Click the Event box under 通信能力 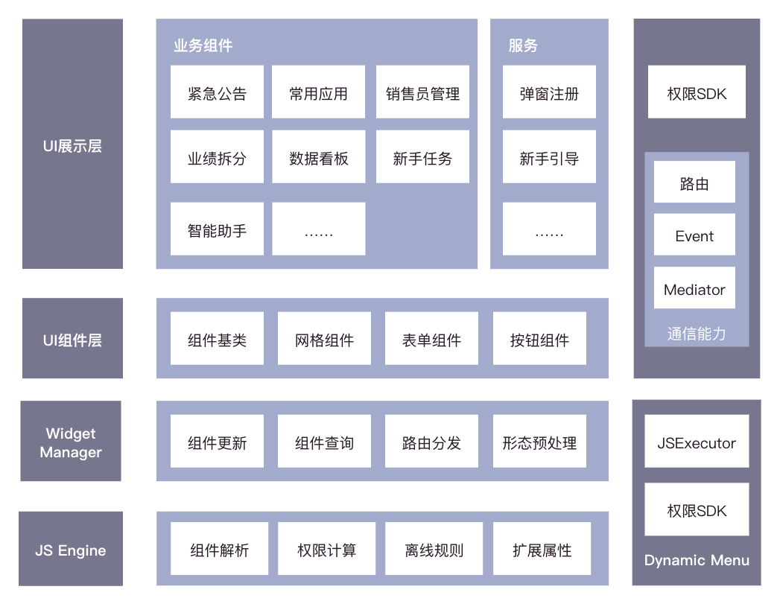tap(694, 235)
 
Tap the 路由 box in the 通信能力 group tap(694, 182)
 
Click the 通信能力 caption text tap(696, 334)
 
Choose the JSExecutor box tap(697, 442)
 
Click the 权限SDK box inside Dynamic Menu tap(697, 510)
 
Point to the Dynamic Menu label tap(697, 560)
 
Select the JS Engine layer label tap(71, 550)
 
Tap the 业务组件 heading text tap(203, 45)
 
